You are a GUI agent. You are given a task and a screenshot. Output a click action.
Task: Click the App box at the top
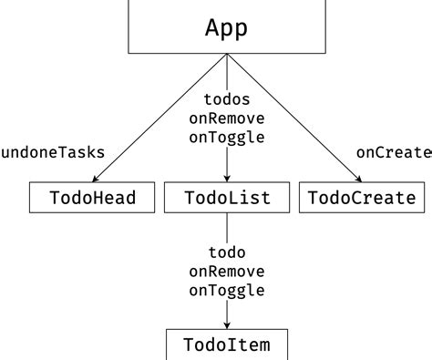pos(226,27)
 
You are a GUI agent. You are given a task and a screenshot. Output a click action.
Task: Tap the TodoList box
pos(227,198)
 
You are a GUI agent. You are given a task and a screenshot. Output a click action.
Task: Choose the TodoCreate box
pos(362,198)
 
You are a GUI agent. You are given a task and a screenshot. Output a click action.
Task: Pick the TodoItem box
pos(227,345)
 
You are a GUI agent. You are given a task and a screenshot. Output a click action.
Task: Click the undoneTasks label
pos(52,152)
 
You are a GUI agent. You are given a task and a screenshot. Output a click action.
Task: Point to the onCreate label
pos(394,152)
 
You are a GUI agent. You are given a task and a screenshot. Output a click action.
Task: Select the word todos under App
pos(227,99)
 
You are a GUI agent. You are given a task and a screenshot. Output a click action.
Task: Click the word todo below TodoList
pos(227,252)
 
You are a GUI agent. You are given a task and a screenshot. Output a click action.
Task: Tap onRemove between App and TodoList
pos(227,118)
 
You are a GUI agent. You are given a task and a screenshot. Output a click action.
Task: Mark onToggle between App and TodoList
pos(227,138)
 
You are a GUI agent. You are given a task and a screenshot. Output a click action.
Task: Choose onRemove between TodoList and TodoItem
pos(227,272)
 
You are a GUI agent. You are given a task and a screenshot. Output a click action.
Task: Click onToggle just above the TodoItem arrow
pos(227,291)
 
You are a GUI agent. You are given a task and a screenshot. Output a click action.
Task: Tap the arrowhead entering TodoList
pos(227,179)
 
